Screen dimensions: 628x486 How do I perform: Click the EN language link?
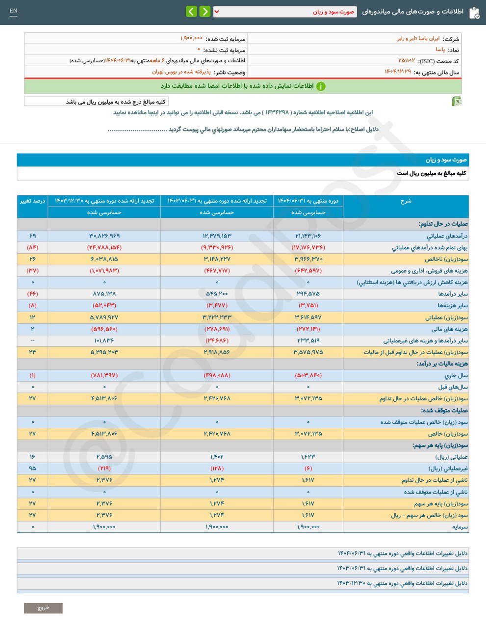13,11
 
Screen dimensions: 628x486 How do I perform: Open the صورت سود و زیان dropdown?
285,12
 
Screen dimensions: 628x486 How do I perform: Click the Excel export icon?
457,102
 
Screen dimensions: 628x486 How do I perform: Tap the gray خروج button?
43,608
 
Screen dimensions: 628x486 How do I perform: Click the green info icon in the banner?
321,86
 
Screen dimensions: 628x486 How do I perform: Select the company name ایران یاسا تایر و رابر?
418,39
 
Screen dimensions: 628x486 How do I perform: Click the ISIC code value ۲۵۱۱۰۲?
407,61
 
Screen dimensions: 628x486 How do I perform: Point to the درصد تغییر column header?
32,201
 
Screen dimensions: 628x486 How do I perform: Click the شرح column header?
406,201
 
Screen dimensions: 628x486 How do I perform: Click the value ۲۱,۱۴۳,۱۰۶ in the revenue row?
308,236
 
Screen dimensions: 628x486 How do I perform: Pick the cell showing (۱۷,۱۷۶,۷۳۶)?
308,247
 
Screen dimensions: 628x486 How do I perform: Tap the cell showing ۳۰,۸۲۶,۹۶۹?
104,236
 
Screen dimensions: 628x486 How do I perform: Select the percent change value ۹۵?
32,468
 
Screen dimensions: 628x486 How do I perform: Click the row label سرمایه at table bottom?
460,526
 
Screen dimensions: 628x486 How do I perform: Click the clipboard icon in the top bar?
474,13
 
